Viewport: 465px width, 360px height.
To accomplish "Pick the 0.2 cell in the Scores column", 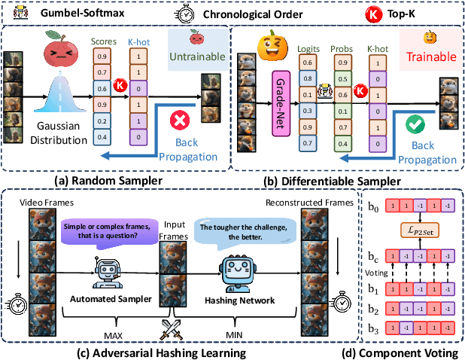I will coord(102,121).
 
